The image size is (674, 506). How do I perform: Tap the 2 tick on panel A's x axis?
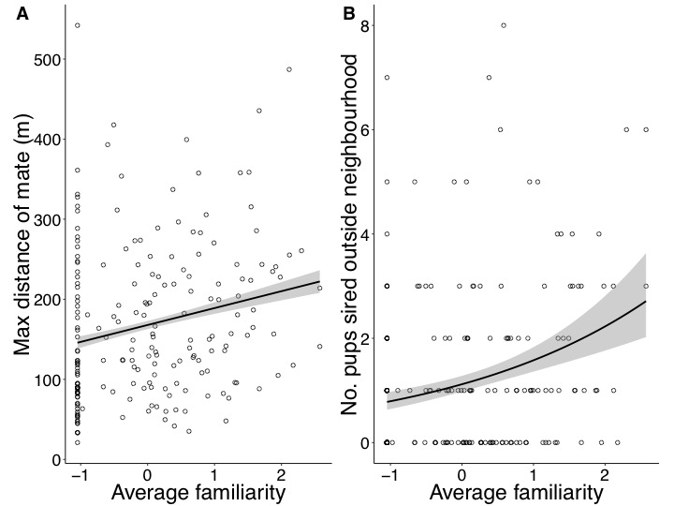(283, 475)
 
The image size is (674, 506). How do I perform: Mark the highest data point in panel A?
(78, 25)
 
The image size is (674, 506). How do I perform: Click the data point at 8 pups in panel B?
(504, 25)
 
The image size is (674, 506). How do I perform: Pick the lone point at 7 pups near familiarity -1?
(387, 78)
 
